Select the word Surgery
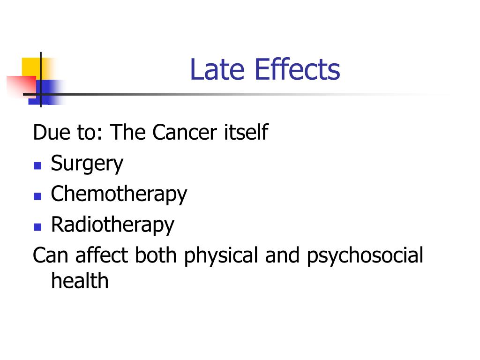coord(87,164)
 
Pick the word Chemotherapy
coord(119,194)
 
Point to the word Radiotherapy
coord(112,225)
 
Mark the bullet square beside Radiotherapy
coord(38,227)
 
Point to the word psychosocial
coord(365,256)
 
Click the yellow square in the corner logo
coord(30,67)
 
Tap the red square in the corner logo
coord(20,85)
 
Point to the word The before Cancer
coord(128,133)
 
